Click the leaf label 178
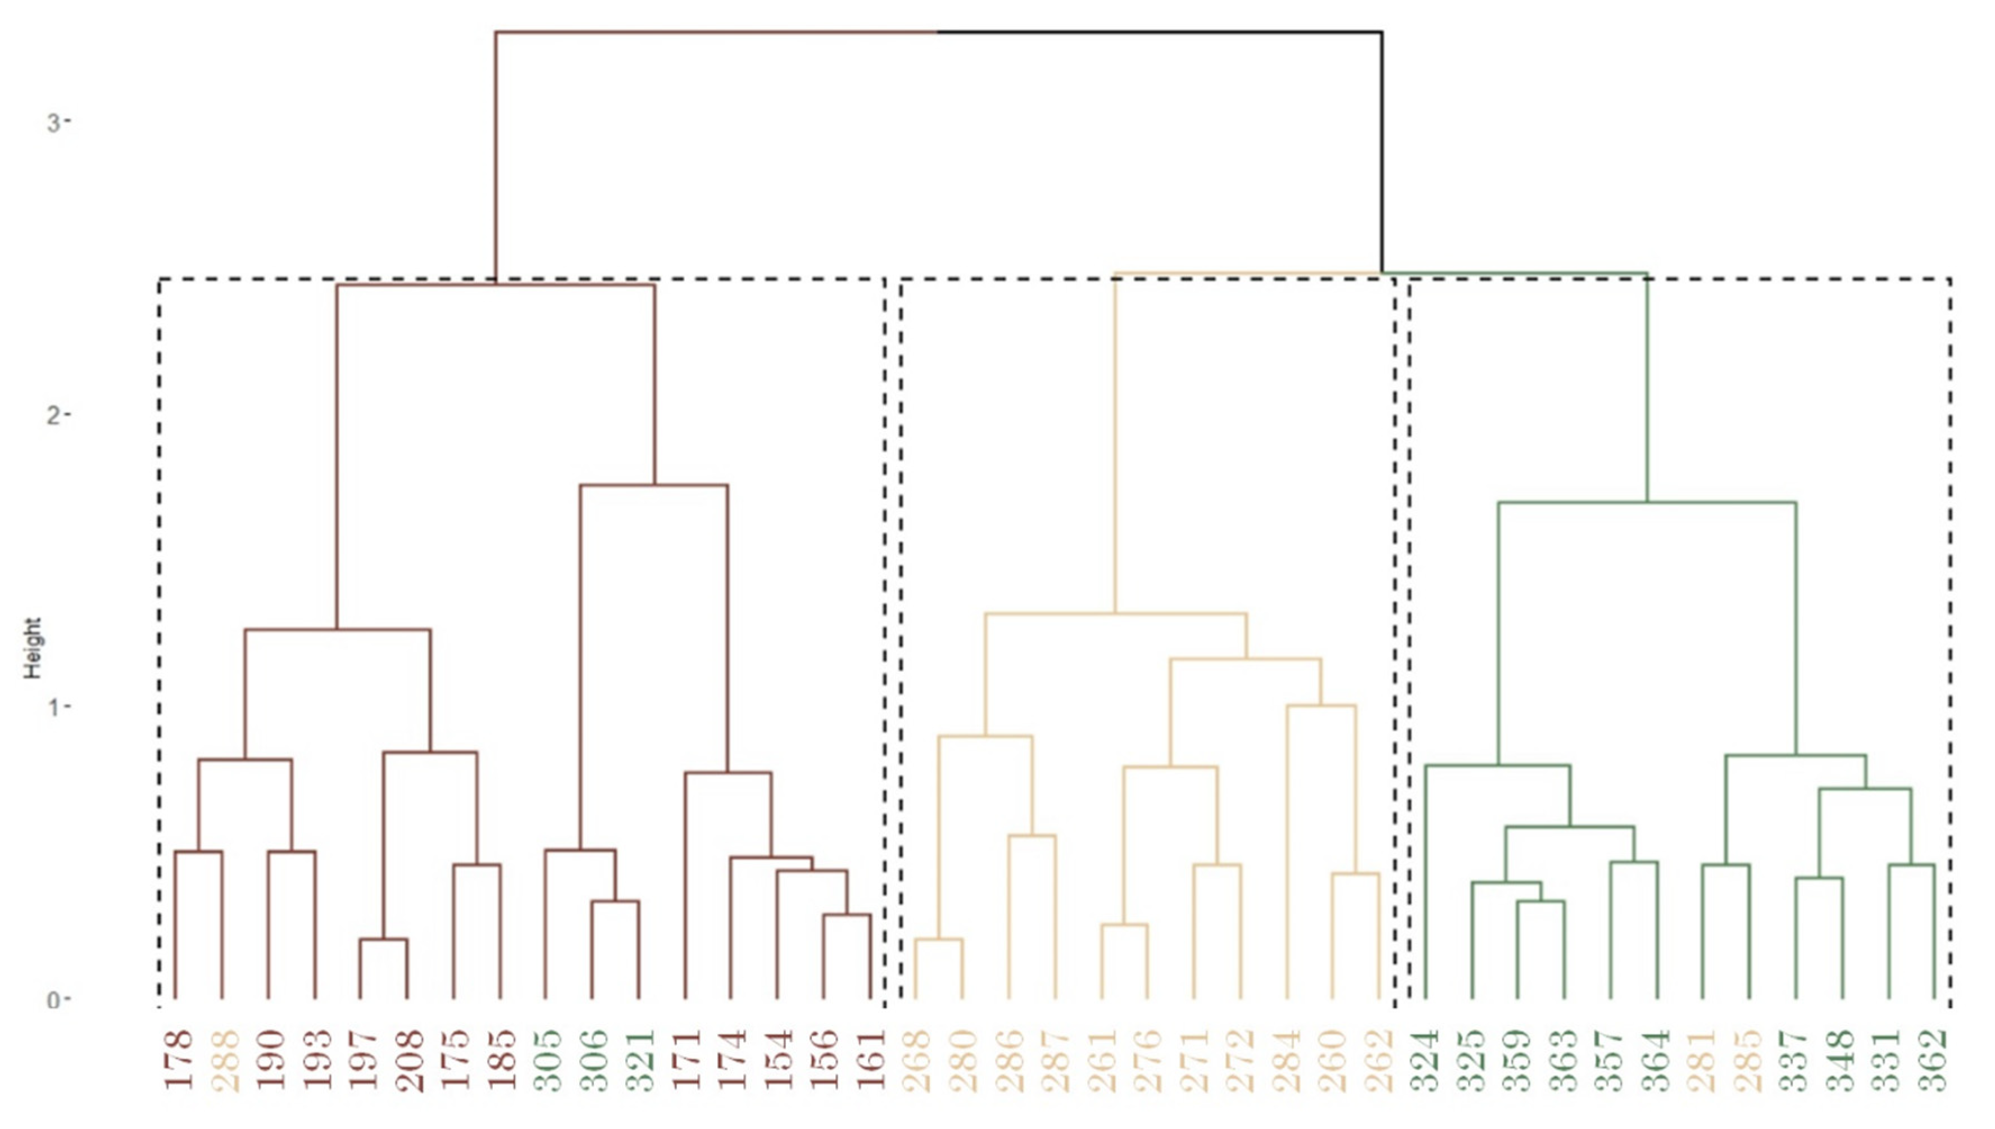(x=177, y=1059)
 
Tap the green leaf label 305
(x=547, y=1059)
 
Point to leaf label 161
(x=872, y=1059)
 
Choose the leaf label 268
(x=917, y=1059)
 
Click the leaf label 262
(x=1380, y=1059)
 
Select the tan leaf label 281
(x=1703, y=1059)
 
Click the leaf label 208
(x=408, y=1059)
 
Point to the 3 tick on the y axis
(x=54, y=123)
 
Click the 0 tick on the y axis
(x=54, y=1000)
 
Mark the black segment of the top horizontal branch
(x=1162, y=33)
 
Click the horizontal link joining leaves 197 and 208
(x=384, y=940)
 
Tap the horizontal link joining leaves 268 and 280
(x=939, y=940)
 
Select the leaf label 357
(x=1611, y=1059)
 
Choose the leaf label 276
(x=1149, y=1059)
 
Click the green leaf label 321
(x=640, y=1059)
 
